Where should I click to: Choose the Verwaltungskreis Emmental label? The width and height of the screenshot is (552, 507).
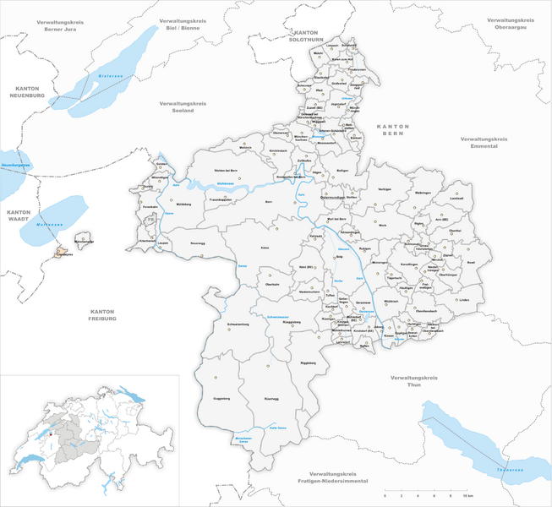coord(491,142)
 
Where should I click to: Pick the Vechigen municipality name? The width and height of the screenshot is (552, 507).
coord(385,188)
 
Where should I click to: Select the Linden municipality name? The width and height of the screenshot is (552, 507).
coord(463,299)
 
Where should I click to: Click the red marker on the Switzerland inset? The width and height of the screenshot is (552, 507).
coord(51,437)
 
